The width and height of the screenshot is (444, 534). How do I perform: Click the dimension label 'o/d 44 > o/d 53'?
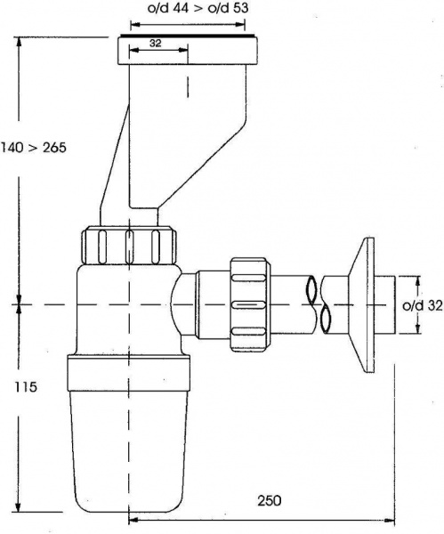coord(198,8)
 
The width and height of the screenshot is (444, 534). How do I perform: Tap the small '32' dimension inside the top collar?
coord(155,44)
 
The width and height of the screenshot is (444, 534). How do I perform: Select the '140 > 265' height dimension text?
coord(34,148)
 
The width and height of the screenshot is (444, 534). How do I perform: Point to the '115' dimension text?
coord(26,387)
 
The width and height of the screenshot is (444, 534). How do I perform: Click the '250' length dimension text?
coord(270,500)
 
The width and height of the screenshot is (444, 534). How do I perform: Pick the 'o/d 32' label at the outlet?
coord(423,305)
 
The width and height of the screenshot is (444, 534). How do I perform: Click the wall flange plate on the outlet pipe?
coord(361,305)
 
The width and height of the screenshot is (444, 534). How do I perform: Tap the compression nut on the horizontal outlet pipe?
coord(248,304)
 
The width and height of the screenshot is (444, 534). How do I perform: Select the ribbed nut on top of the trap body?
coord(129,245)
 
